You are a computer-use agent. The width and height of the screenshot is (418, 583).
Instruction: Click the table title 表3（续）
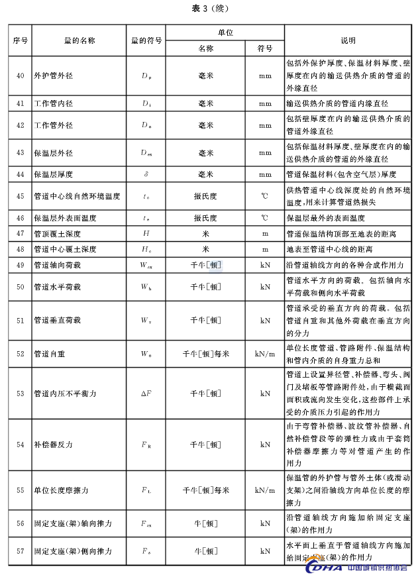tap(209, 8)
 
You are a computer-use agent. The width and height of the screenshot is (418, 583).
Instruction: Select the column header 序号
tap(20, 40)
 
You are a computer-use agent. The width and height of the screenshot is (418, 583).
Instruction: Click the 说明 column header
tap(348, 40)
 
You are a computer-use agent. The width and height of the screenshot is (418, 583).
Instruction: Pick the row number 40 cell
tap(20, 76)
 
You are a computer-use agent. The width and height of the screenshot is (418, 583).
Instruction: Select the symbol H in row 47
tap(146, 234)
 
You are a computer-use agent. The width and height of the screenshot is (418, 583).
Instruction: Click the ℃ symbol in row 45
tap(265, 197)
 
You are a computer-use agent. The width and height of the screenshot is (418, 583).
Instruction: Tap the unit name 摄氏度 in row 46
tap(205, 218)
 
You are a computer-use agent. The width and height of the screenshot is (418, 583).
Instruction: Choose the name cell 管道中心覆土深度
tap(65, 250)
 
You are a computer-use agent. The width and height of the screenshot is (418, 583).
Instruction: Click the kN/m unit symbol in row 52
tap(265, 354)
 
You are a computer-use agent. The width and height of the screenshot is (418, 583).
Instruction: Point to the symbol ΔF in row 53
tap(146, 394)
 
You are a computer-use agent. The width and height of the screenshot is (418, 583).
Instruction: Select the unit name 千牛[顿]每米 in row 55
tap(205, 491)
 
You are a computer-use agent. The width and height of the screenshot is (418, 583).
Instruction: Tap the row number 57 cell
tap(20, 551)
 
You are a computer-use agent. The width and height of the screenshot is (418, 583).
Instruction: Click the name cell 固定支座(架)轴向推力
tap(73, 523)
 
